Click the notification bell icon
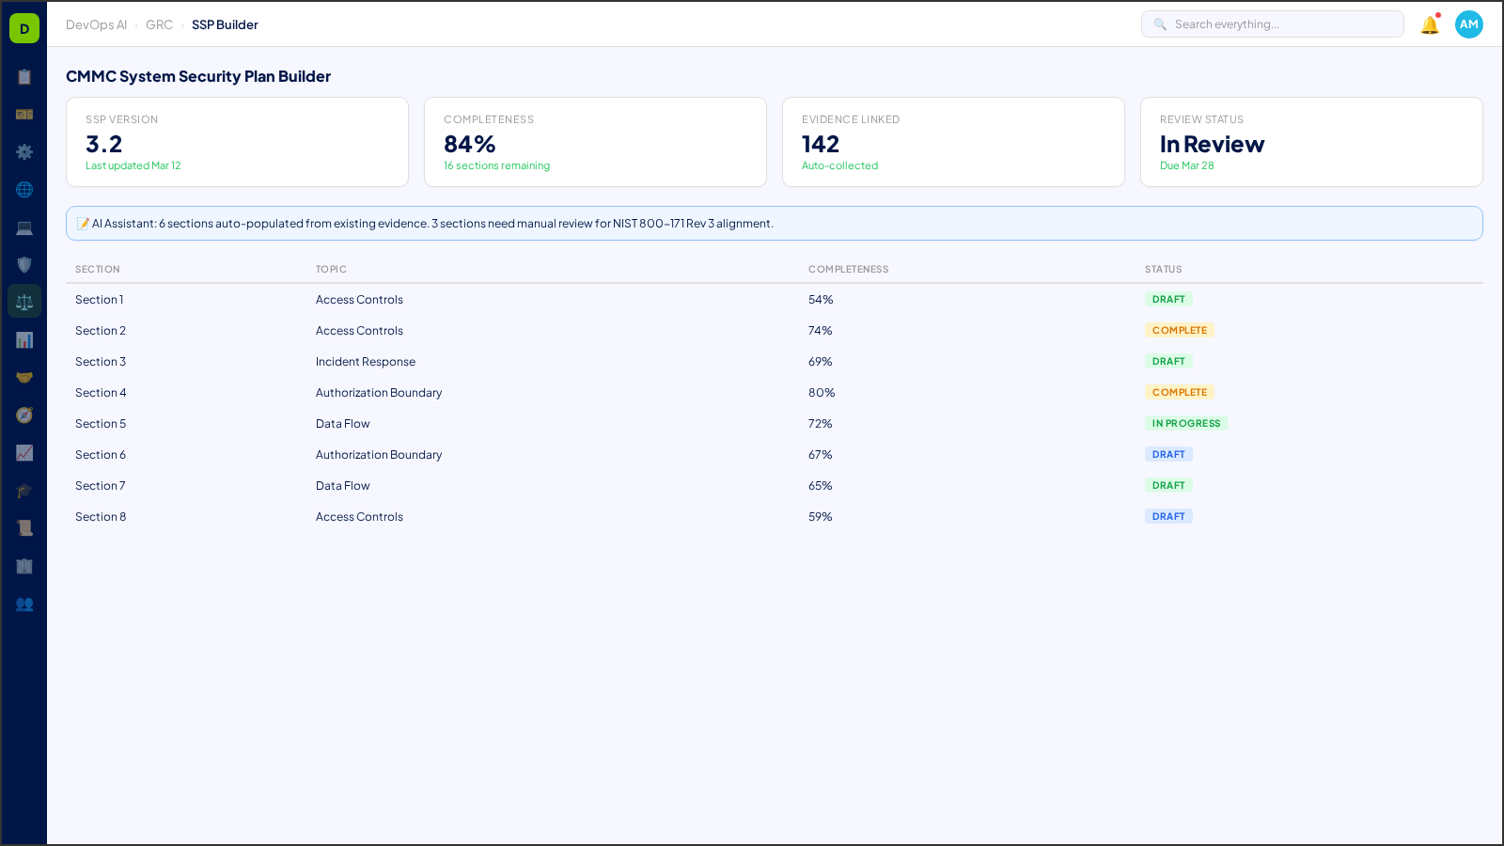click(1430, 25)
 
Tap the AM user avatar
click(1468, 24)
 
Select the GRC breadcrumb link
click(159, 25)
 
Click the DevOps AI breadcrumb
click(96, 25)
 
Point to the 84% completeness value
click(470, 145)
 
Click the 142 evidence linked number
click(821, 145)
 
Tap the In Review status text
click(1212, 145)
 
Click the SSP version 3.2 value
click(104, 145)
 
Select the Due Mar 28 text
click(1186, 165)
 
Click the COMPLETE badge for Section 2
click(1179, 331)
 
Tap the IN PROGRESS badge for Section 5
click(1185, 424)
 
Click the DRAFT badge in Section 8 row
click(1168, 517)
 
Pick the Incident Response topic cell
click(366, 362)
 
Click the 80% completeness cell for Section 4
click(822, 393)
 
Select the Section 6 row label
click(101, 455)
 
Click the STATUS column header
click(1163, 270)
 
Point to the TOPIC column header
click(331, 270)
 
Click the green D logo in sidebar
click(24, 28)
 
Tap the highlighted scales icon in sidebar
click(24, 302)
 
